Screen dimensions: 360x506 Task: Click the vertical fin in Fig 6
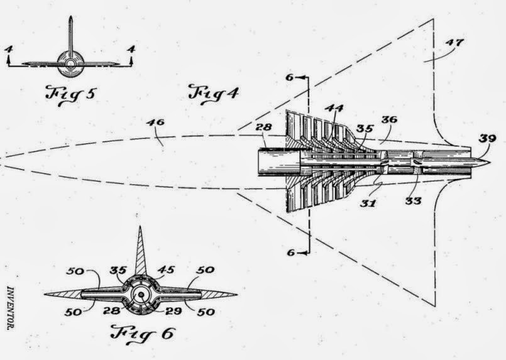click(x=140, y=251)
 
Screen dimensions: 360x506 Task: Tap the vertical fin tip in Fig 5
click(x=70, y=18)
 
